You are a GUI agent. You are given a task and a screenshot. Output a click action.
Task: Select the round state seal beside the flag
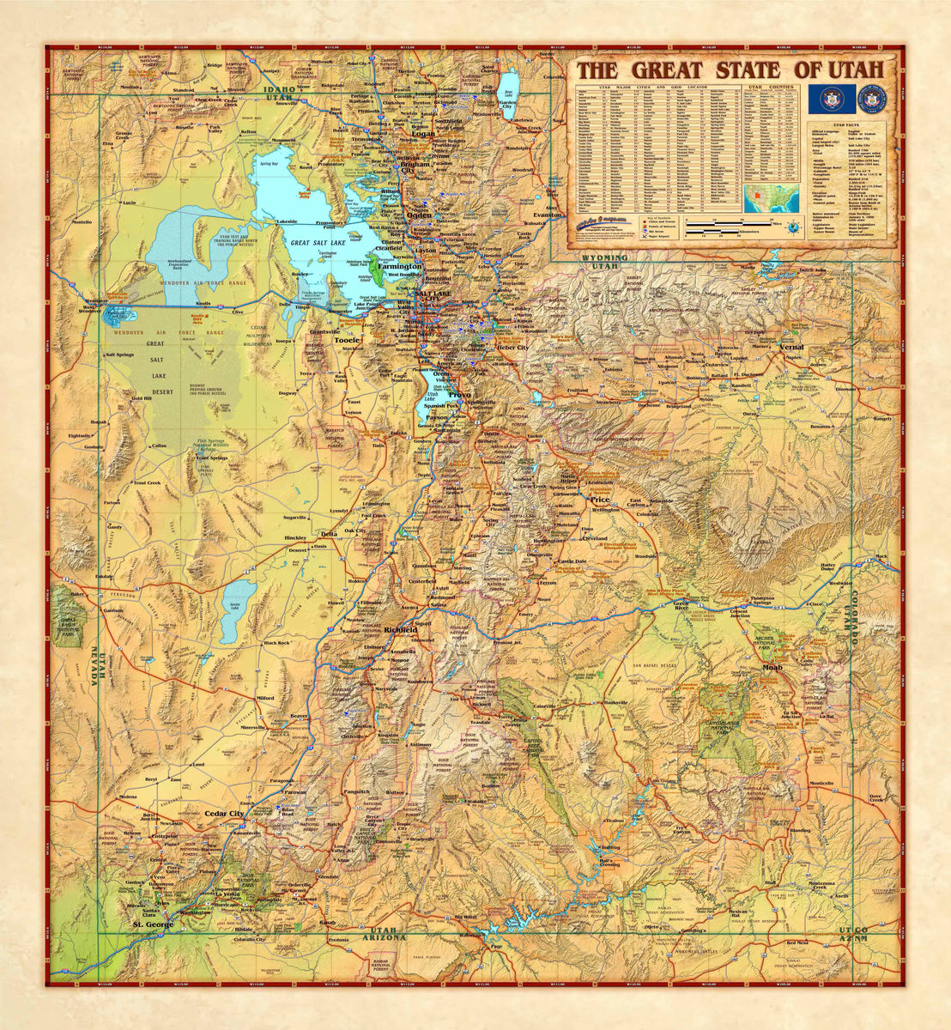(872, 100)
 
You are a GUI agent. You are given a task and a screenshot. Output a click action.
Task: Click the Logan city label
(422, 134)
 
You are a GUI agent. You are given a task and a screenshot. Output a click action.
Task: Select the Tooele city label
(348, 339)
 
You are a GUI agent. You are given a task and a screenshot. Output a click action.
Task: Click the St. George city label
(153, 924)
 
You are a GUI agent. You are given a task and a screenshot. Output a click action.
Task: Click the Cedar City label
(224, 812)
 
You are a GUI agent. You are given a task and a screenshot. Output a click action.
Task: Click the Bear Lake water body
(508, 85)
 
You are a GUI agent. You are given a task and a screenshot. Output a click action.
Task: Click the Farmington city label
(396, 267)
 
